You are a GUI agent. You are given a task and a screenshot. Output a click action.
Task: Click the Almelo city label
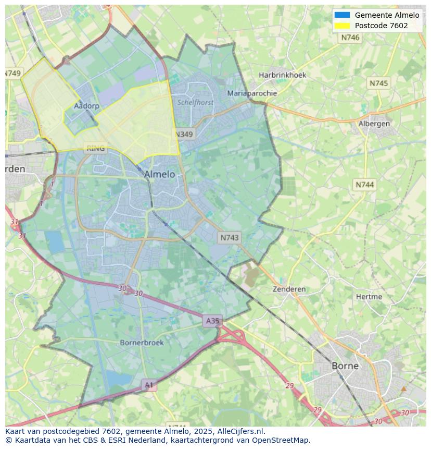pos(159,174)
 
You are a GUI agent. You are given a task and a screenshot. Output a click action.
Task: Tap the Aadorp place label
pos(86,106)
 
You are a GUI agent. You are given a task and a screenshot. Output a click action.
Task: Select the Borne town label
pos(345,366)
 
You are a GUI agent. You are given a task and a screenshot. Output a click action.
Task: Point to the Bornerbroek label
pos(142,343)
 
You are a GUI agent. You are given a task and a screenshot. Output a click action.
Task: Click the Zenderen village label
pos(289,289)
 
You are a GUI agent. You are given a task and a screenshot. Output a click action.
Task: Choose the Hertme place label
pos(369,297)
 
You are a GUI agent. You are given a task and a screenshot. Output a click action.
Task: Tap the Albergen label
pos(374,124)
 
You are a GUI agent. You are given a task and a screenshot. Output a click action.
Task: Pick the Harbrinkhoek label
pos(283,75)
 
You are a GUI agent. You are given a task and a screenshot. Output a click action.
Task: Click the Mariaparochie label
pos(252,93)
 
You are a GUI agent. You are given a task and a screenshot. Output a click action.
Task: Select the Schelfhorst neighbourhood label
pos(196,103)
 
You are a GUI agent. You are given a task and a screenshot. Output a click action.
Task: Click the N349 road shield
pos(183,134)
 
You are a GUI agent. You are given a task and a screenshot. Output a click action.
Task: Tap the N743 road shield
pos(230,237)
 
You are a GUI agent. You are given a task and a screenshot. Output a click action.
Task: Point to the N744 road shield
pos(365,185)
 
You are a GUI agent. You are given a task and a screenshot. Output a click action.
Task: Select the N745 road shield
pos(378,83)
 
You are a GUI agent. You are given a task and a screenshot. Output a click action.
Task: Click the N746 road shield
pos(350,38)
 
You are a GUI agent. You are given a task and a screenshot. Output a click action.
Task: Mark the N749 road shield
pos(13,73)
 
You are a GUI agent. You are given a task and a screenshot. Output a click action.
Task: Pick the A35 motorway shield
pos(212,321)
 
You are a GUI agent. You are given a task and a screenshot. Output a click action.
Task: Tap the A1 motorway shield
pos(149,385)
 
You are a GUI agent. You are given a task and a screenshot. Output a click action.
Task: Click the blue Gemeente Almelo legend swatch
pos(342,15)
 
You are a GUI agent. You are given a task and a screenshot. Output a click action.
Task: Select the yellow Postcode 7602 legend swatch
pos(342,26)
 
